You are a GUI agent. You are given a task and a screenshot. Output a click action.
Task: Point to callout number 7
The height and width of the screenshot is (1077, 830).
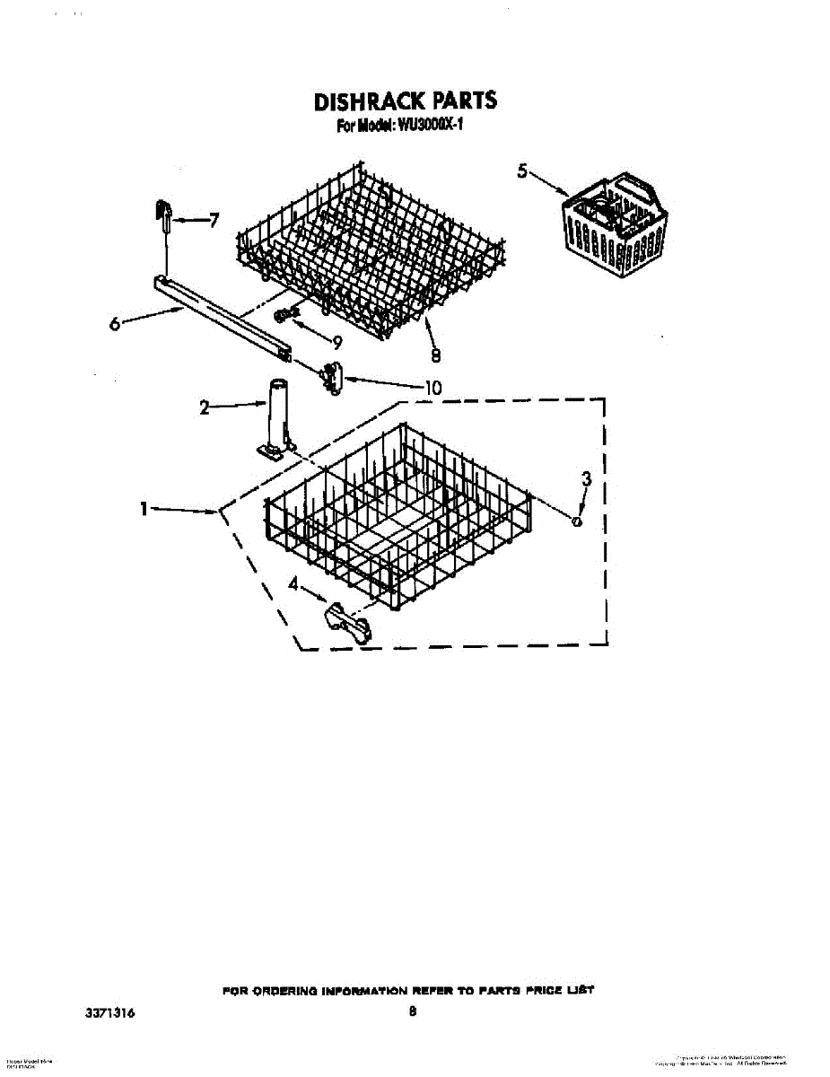[214, 220]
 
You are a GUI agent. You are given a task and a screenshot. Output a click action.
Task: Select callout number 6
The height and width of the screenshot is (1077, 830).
[115, 326]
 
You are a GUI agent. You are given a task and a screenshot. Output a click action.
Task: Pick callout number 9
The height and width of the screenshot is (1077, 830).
[337, 341]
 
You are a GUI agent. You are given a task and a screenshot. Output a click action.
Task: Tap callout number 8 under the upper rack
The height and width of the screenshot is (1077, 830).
[435, 356]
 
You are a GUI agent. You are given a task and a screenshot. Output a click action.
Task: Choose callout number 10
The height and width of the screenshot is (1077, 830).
[432, 388]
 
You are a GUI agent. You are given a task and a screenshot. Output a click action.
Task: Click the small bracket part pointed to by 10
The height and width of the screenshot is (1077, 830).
[332, 377]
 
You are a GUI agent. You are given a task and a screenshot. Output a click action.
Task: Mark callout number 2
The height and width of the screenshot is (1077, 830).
[205, 408]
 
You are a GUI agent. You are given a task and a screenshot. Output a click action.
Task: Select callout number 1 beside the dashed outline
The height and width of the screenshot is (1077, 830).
[143, 509]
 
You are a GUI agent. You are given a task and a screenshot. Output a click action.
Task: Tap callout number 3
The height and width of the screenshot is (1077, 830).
[587, 479]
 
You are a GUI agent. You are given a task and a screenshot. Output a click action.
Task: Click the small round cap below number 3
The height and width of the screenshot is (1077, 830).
[579, 521]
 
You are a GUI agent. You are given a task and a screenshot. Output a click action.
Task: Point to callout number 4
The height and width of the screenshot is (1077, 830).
[293, 585]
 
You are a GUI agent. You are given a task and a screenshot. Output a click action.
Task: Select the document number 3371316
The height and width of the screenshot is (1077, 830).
[110, 1012]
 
